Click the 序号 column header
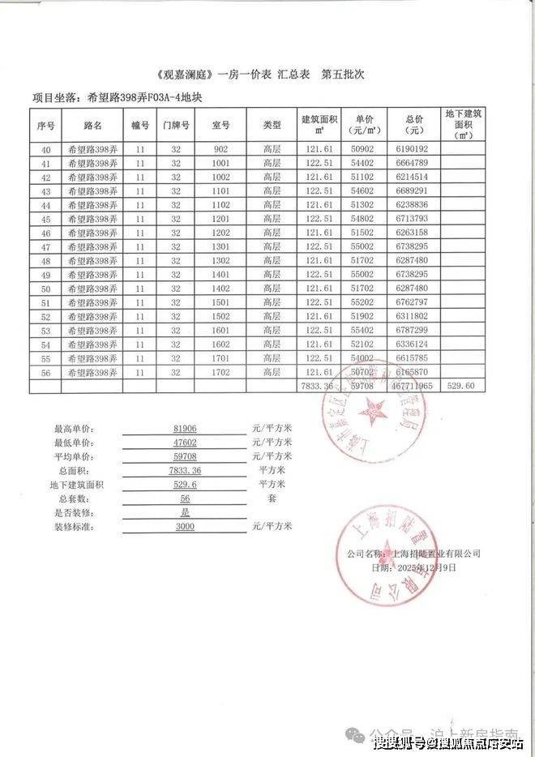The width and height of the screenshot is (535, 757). [45, 126]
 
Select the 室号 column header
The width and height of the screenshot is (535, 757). [221, 126]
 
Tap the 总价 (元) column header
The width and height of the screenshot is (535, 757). [416, 125]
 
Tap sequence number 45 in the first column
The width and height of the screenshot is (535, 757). [45, 220]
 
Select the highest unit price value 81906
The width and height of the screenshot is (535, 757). [186, 428]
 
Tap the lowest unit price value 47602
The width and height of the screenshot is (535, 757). [186, 442]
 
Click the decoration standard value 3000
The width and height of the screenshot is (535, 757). [186, 526]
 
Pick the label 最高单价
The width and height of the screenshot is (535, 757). [74, 429]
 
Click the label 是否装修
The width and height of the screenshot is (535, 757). [74, 512]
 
